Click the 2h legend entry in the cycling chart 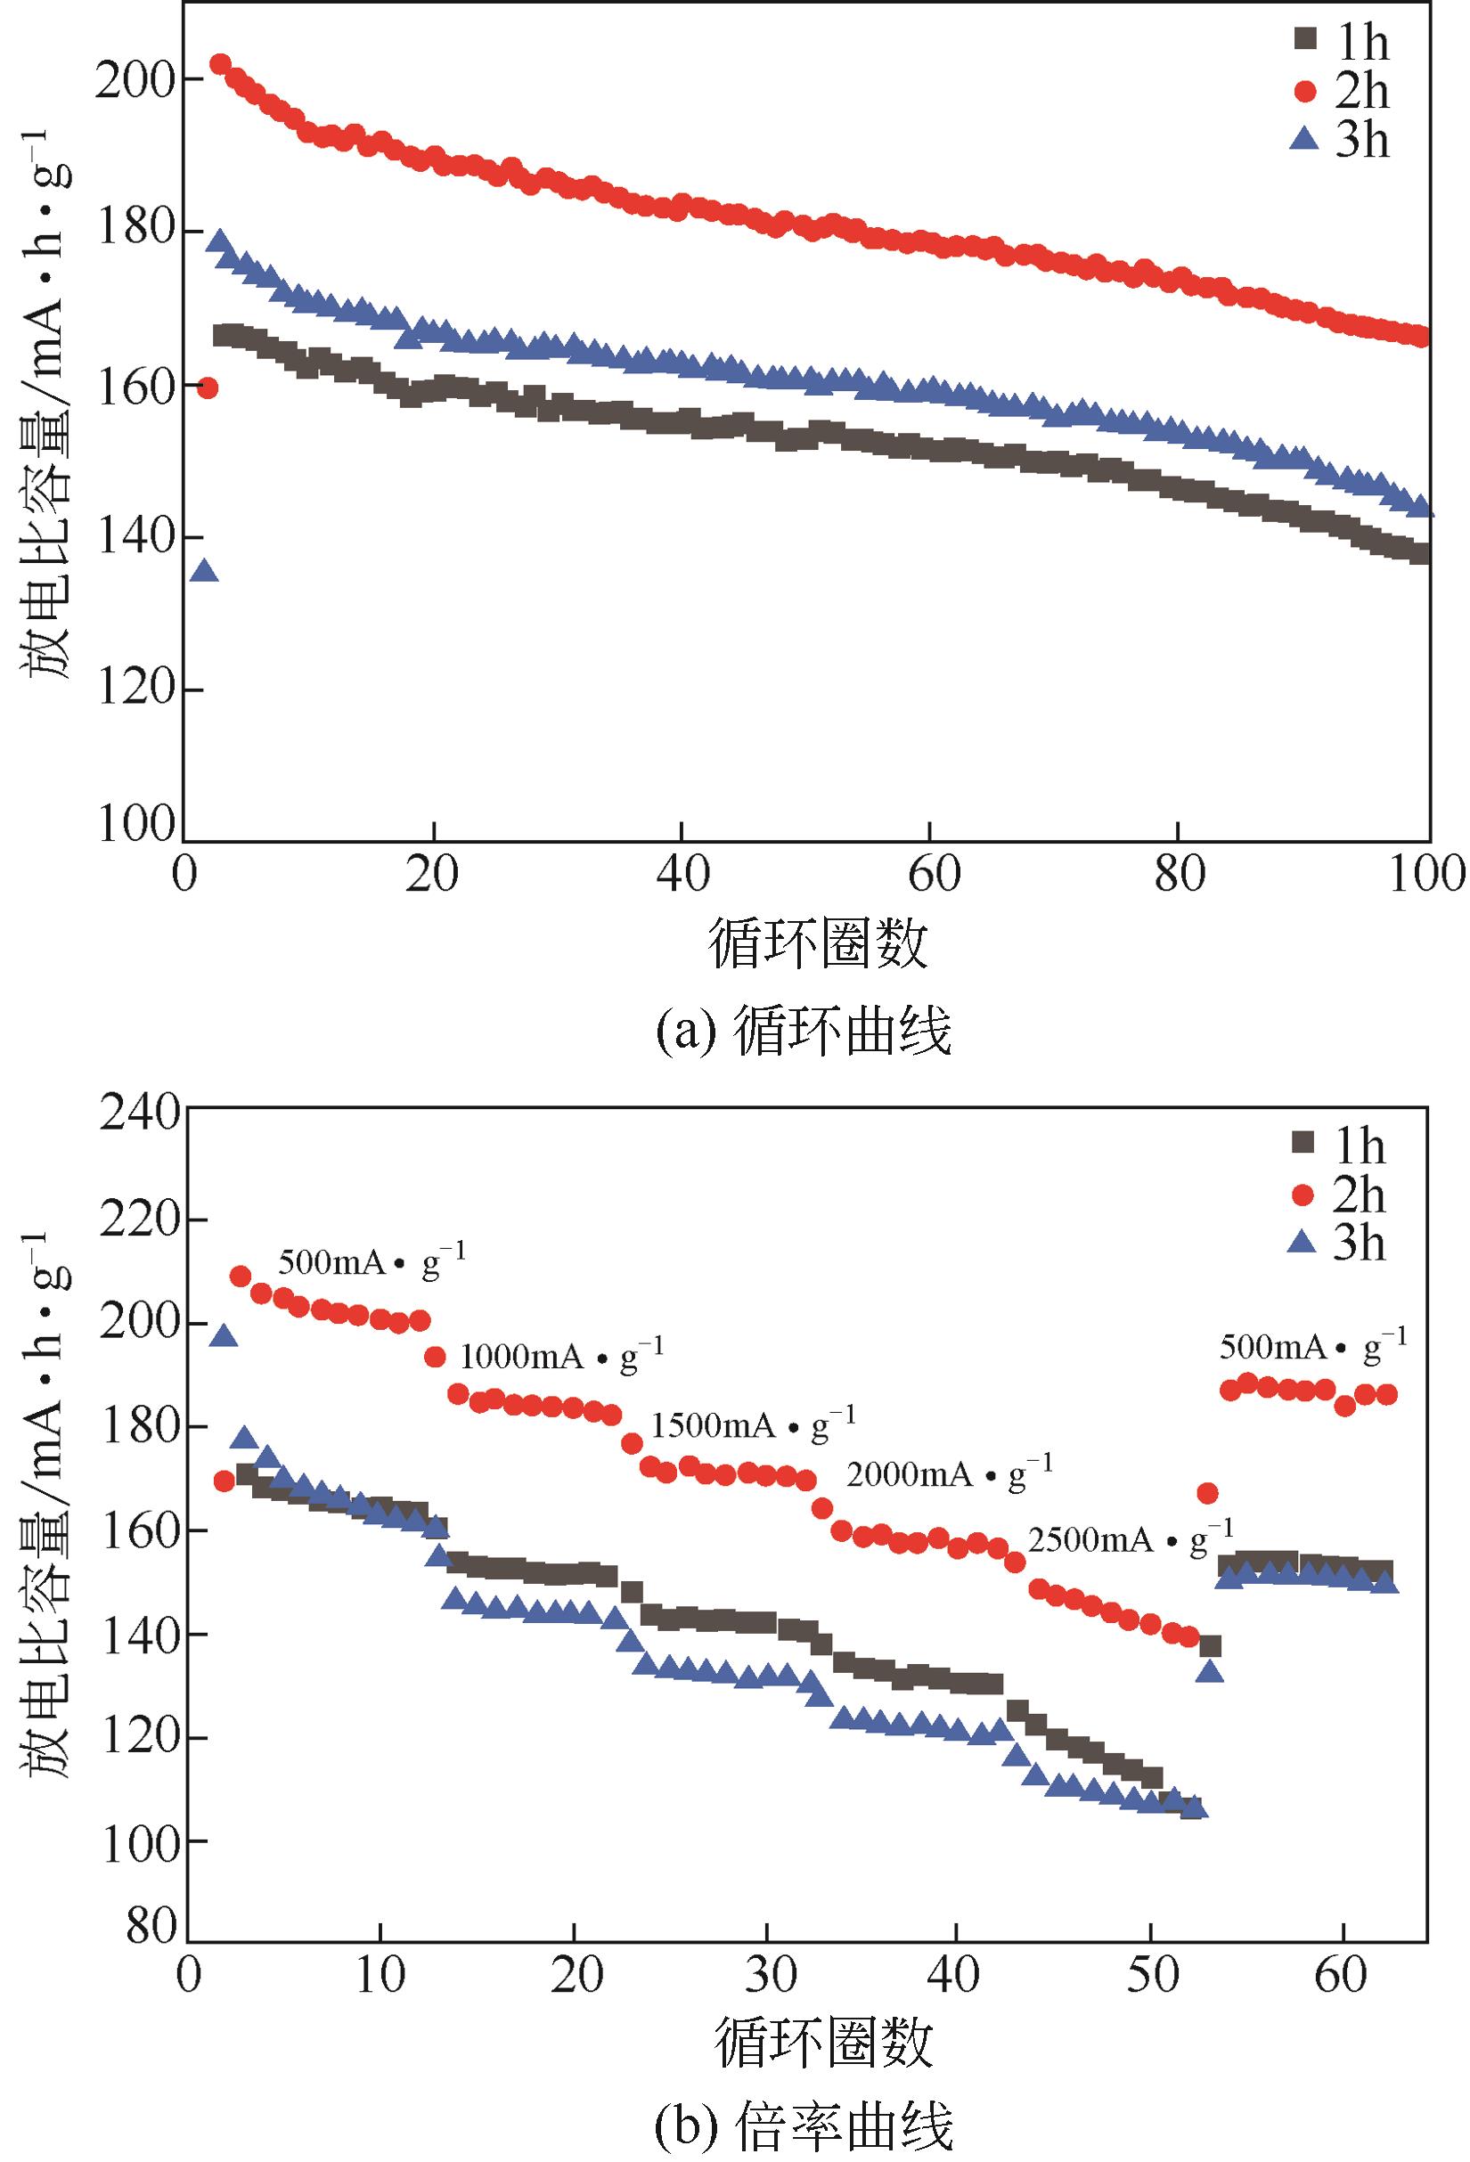click(1340, 91)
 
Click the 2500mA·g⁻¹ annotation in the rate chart click(1131, 1539)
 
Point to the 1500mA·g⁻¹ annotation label click(753, 1424)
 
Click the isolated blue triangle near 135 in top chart click(205, 571)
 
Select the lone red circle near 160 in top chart click(208, 388)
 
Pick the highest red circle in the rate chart click(240, 1277)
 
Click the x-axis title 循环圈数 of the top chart click(819, 943)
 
